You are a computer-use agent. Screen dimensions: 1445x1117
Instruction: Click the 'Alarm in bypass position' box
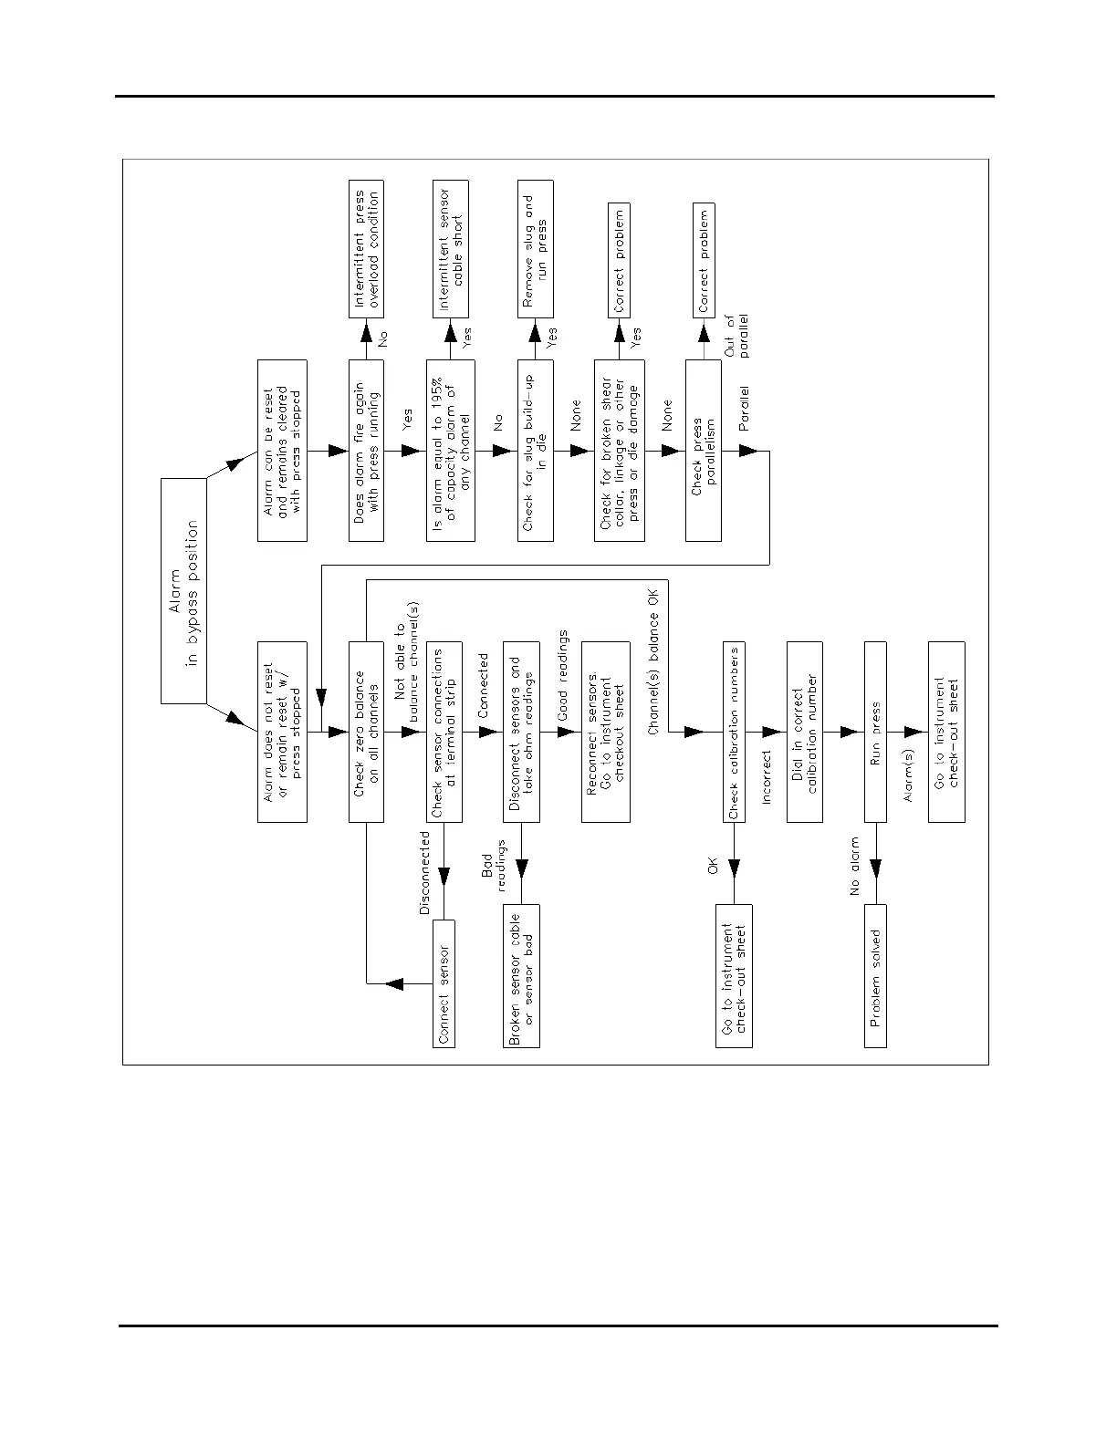183,590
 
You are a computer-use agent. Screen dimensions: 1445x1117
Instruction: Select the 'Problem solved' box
875,976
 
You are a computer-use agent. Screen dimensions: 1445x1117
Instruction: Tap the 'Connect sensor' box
443,983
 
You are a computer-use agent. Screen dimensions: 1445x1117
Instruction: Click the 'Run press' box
875,732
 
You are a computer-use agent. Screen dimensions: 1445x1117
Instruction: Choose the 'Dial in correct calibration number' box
804,732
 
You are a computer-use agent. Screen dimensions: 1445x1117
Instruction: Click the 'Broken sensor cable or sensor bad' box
521,976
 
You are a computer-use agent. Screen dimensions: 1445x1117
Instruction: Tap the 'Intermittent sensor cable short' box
451,249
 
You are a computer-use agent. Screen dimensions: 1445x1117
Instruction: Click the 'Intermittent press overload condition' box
366,249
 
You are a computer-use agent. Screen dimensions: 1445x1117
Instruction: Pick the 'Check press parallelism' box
704,451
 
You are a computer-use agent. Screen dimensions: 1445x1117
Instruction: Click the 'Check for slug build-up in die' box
536,451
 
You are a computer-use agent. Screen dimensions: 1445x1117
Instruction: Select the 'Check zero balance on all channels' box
366,732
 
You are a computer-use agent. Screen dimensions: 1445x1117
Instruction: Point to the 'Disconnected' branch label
424,872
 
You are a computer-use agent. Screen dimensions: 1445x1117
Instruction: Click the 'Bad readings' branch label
494,870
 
